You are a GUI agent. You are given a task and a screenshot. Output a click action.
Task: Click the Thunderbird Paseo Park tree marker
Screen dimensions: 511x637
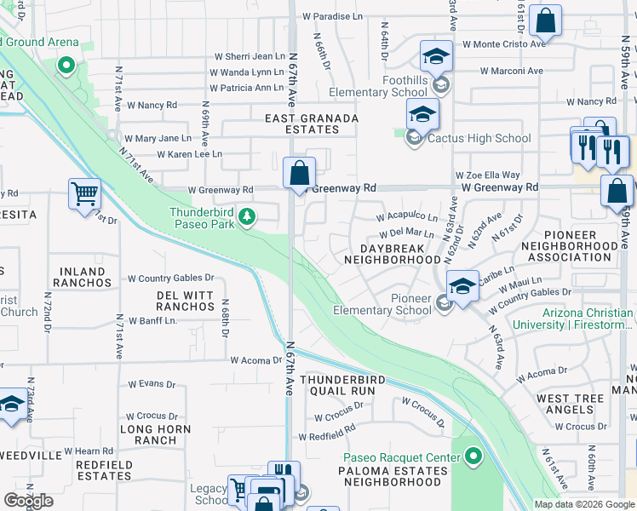click(247, 218)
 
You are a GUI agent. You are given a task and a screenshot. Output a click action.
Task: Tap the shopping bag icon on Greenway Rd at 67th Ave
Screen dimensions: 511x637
click(299, 174)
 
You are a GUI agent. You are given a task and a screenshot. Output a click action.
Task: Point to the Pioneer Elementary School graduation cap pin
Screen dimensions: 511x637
click(462, 286)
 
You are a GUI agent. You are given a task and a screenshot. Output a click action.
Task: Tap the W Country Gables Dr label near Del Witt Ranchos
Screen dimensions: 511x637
click(171, 278)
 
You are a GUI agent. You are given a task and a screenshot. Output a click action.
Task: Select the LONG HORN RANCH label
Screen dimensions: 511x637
click(148, 434)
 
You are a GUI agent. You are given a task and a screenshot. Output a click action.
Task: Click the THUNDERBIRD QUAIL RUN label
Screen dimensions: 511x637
click(337, 384)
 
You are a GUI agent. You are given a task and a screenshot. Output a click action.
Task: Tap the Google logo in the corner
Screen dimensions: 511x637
click(28, 500)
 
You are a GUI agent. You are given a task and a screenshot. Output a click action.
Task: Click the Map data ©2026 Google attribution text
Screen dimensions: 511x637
click(584, 504)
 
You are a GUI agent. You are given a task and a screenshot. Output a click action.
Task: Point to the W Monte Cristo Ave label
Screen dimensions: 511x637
click(503, 43)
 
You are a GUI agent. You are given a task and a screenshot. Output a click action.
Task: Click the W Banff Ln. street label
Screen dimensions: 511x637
click(153, 320)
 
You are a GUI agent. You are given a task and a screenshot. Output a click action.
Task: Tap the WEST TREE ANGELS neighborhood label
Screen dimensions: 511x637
click(571, 404)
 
